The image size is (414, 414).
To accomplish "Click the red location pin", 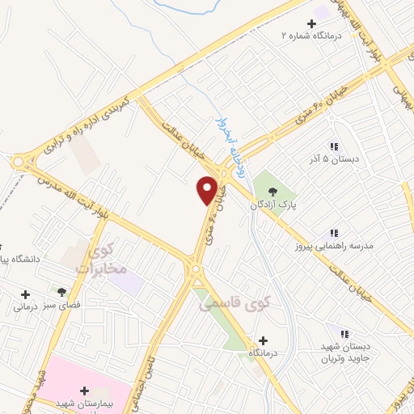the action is pos(207,189).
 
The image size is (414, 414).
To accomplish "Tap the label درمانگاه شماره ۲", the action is pos(312,36).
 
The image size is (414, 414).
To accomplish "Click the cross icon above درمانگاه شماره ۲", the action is pos(312,23).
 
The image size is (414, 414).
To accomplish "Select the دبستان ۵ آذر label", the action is pos(332,159).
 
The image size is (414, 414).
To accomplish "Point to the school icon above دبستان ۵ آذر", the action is pos(332,146).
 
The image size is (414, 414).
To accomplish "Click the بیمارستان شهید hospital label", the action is pos(83,403).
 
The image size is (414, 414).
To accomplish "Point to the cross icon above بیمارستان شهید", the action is pos(83,391).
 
